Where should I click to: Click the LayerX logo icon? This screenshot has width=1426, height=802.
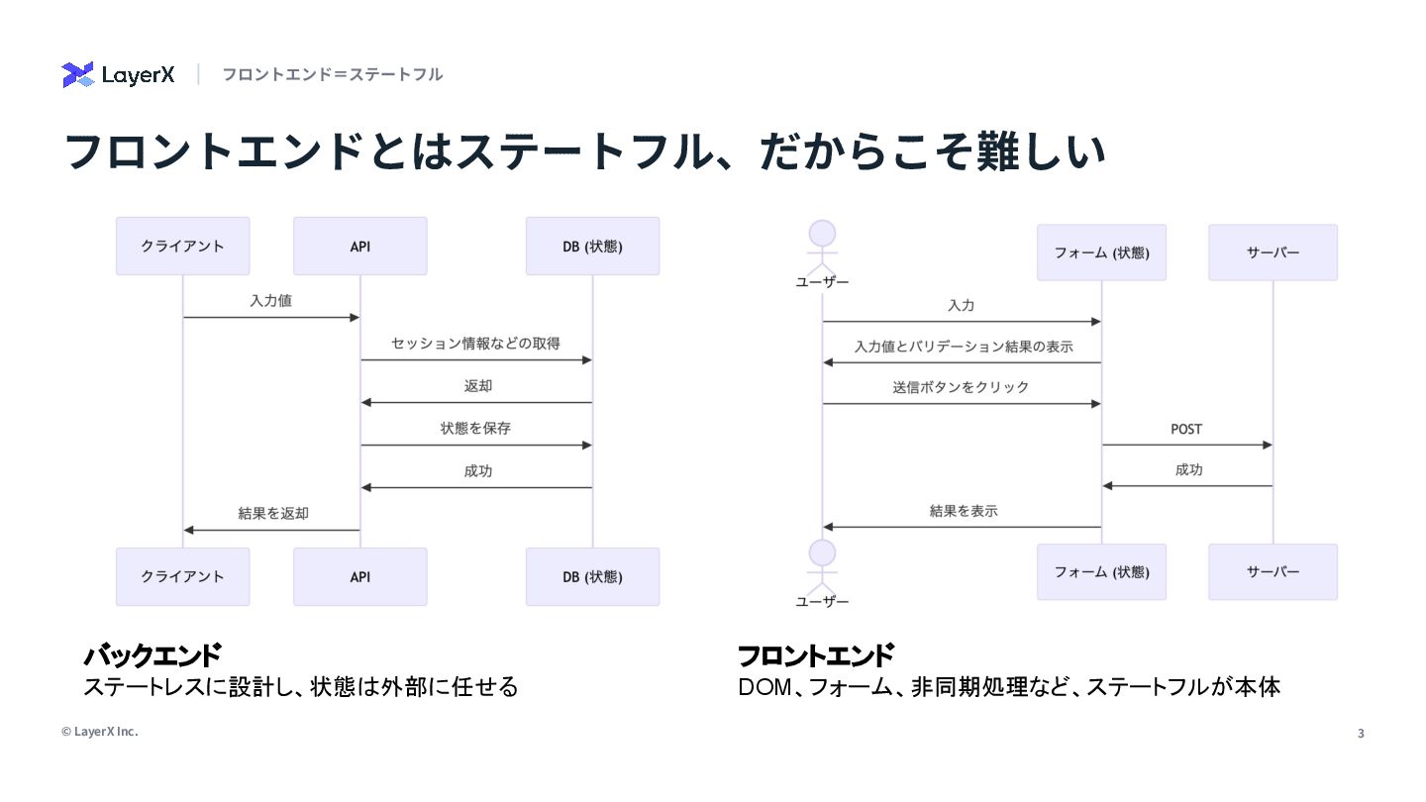click(x=77, y=74)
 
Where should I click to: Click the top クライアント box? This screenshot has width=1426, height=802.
click(x=182, y=247)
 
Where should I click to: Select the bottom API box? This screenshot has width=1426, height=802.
click(x=360, y=576)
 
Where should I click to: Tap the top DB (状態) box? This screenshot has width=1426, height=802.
click(x=592, y=247)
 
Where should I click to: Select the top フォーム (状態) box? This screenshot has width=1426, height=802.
click(x=1101, y=252)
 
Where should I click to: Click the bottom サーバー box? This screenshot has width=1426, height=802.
click(x=1273, y=571)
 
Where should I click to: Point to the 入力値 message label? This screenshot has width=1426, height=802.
click(x=270, y=300)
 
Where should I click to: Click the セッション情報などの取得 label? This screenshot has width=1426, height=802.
click(x=475, y=344)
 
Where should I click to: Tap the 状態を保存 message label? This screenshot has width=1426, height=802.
click(x=475, y=429)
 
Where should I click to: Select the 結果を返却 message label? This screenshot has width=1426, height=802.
click(x=272, y=513)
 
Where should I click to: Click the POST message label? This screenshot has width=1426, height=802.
click(x=1186, y=429)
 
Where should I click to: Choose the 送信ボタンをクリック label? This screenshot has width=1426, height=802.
click(x=961, y=387)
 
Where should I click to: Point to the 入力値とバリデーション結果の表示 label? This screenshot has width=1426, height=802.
click(x=963, y=347)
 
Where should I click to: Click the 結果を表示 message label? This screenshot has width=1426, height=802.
click(x=963, y=511)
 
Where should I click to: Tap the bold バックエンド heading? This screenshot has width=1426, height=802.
click(x=153, y=655)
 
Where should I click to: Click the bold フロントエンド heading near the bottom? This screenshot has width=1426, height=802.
click(x=816, y=655)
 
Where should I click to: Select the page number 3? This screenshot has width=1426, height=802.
click(x=1360, y=734)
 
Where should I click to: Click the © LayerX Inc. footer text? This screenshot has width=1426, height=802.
click(x=100, y=732)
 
